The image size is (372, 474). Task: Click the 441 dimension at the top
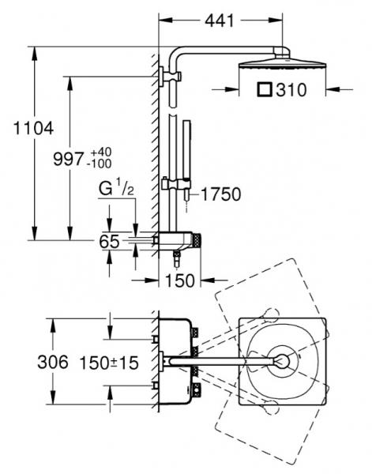220,21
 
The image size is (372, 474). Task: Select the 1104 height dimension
33,128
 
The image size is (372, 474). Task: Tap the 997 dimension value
68,159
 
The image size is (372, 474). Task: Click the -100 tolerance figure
99,164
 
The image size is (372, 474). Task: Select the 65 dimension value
110,242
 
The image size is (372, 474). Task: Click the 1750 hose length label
221,194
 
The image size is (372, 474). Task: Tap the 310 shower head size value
291,90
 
